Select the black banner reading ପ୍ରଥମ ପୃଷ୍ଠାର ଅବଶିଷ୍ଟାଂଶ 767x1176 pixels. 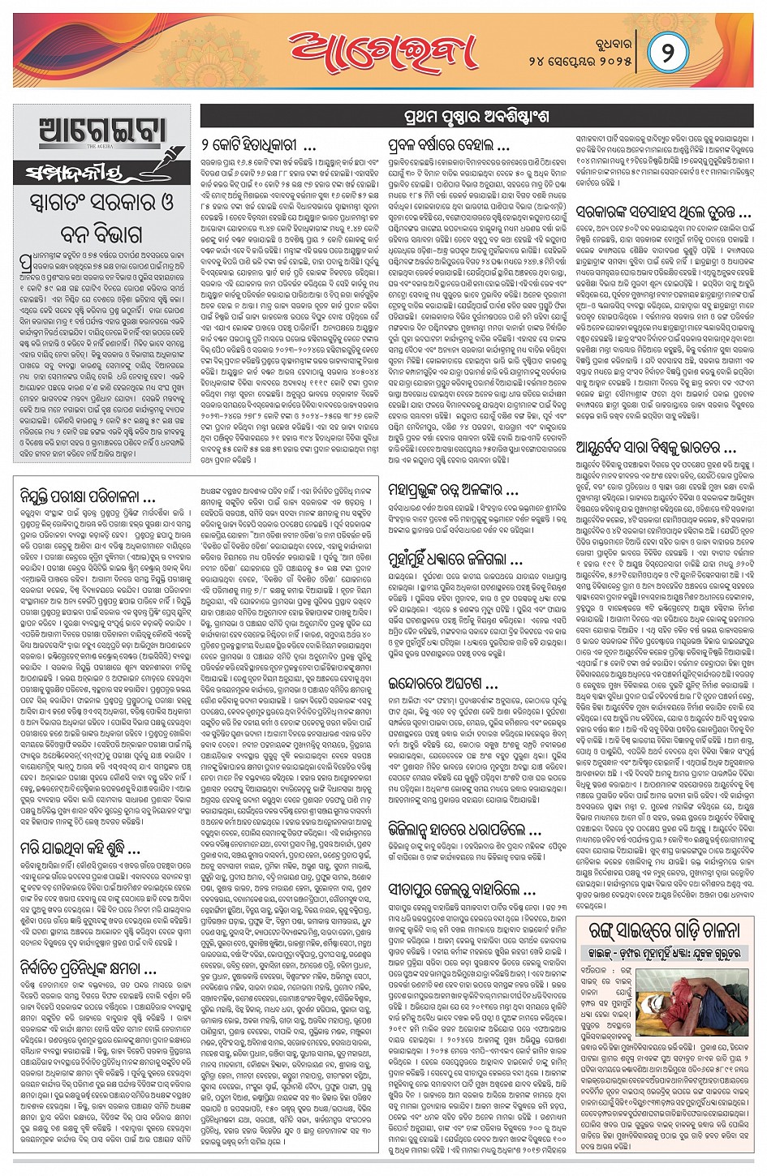(476, 117)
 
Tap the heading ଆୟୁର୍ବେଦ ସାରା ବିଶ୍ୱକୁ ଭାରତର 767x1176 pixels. (655, 447)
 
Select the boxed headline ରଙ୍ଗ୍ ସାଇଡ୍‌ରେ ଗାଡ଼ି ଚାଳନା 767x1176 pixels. (660, 929)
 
